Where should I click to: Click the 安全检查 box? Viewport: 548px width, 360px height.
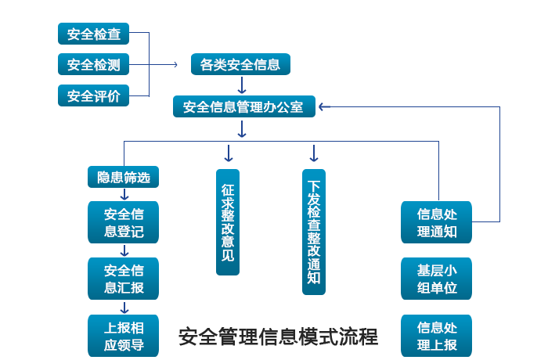(93, 34)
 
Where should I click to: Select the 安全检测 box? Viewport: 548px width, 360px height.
(93, 65)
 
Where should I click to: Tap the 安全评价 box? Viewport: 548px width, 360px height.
(93, 96)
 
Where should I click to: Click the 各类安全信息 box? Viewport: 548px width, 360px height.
(240, 65)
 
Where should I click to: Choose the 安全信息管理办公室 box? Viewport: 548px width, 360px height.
(243, 106)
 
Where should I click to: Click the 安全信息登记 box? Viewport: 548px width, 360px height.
(124, 222)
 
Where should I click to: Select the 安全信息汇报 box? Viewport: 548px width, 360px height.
(124, 279)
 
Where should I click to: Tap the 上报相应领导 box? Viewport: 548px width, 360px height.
(124, 335)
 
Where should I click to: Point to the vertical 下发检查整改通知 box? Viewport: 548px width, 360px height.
(314, 233)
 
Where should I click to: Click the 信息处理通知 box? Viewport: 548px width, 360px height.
(437, 222)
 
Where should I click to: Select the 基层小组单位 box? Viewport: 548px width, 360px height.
(437, 279)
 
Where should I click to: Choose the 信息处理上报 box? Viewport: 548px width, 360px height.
(437, 335)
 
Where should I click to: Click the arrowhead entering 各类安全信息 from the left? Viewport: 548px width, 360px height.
(177, 65)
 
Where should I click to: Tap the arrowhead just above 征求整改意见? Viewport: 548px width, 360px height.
(228, 153)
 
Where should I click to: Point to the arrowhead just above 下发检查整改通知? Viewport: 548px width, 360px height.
(314, 153)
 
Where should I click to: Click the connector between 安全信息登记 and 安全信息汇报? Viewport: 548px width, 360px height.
(124, 250)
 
